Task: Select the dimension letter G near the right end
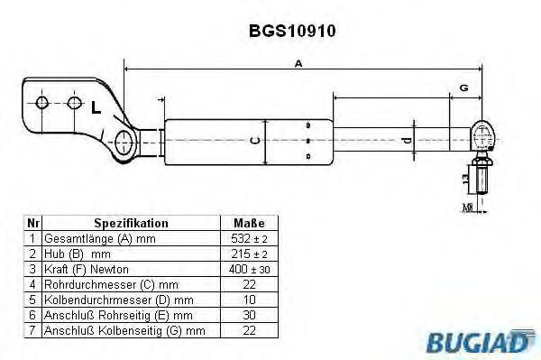pos(463,88)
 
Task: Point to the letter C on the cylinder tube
pos(255,140)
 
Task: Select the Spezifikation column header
pos(131,222)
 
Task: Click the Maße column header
pos(248,222)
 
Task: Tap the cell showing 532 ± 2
pos(248,238)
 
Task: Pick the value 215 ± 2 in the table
pos(248,254)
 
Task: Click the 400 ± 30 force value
pos(248,269)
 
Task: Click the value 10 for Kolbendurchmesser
pos(248,300)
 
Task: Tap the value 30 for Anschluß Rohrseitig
pos(248,315)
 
